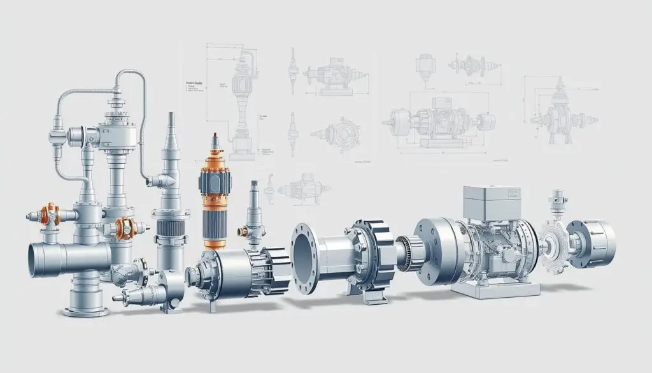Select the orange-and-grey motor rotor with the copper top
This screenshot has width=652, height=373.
tap(215, 198)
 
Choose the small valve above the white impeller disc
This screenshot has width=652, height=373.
tap(559, 203)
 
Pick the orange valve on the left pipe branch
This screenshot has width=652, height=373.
tap(49, 216)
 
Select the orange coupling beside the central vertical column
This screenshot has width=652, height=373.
tap(125, 226)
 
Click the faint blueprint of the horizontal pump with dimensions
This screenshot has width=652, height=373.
tap(439, 121)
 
